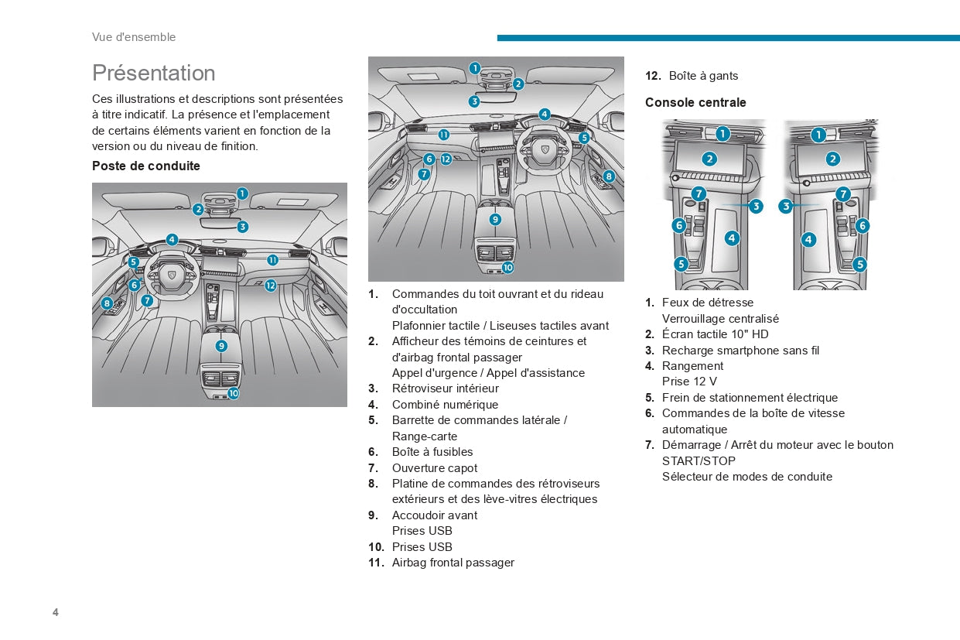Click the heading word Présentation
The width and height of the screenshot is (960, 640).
tap(153, 73)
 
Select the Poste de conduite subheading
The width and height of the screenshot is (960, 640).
tap(145, 166)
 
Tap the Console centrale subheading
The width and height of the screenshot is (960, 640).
tap(695, 102)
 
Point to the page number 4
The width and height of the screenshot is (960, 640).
tap(55, 612)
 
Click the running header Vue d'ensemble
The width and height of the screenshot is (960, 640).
tap(134, 37)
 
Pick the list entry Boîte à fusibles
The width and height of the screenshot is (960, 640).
tap(432, 452)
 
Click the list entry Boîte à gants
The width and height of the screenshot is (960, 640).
tap(703, 76)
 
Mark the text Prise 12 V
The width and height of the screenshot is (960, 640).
tap(689, 382)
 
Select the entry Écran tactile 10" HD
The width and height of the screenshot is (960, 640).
tap(715, 334)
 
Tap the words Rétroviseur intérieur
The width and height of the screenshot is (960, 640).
tap(446, 388)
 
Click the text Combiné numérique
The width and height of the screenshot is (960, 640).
tap(446, 405)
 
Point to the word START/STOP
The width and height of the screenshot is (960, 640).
tap(699, 461)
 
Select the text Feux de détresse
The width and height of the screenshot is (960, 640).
tap(708, 303)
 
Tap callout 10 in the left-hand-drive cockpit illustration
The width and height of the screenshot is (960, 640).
tap(233, 393)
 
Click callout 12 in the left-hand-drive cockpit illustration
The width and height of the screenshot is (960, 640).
tap(270, 286)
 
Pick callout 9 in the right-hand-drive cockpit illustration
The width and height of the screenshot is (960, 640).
tap(495, 219)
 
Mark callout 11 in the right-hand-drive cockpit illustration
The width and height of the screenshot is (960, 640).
tap(444, 135)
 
